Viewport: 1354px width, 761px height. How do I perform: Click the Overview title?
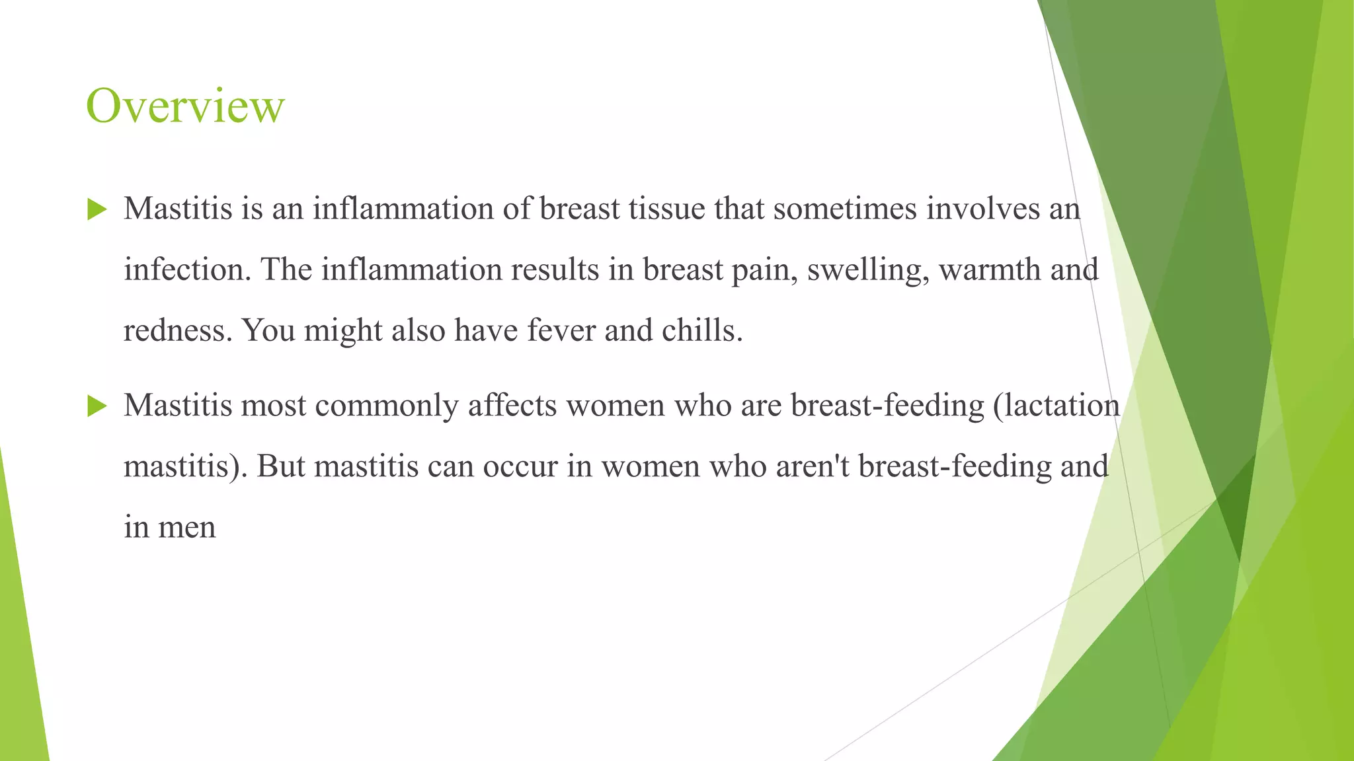(185, 106)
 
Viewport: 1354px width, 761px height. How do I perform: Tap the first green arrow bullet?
(97, 210)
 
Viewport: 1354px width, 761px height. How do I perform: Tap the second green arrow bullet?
(97, 406)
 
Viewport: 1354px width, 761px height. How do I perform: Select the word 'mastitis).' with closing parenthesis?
(185, 466)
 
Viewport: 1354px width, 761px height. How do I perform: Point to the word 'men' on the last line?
(187, 528)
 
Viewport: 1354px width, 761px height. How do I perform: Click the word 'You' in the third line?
(268, 330)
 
